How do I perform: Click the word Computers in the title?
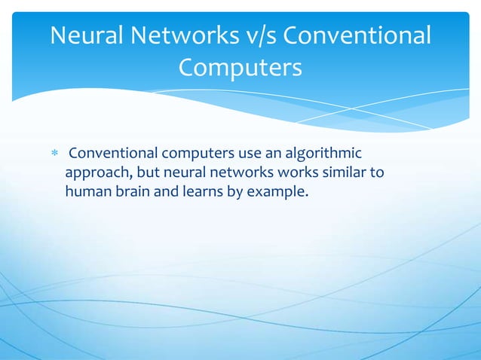[240, 68]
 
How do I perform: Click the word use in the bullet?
[246, 154]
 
